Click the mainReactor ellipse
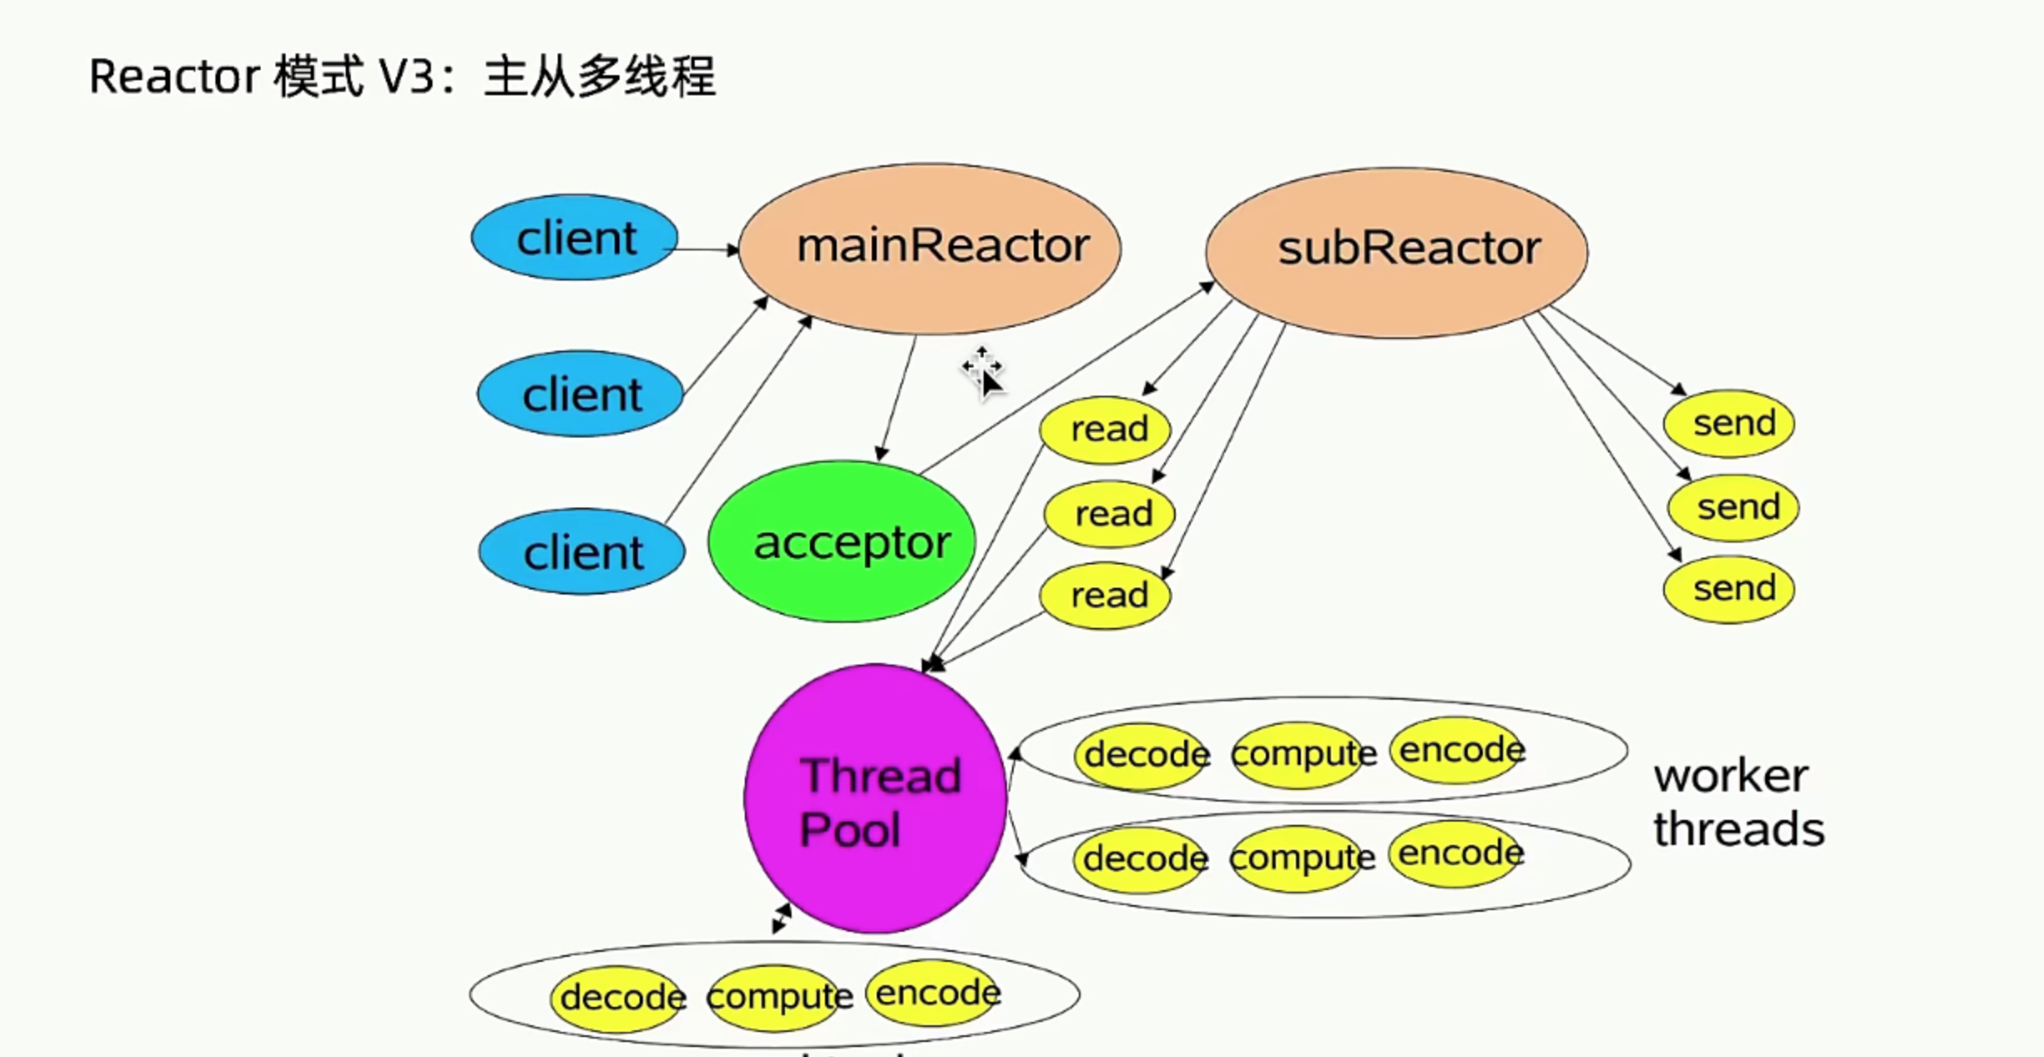[929, 248]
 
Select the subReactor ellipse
[1396, 251]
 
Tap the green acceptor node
[842, 542]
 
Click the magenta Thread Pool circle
[875, 798]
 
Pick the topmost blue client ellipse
[574, 238]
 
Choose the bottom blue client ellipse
[582, 552]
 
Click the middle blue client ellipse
[580, 394]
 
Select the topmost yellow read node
[1105, 429]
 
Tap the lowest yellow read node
[1105, 595]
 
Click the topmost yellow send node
[1729, 423]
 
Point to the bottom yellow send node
[1729, 589]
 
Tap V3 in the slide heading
[407, 77]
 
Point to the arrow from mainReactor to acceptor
[898, 397]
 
